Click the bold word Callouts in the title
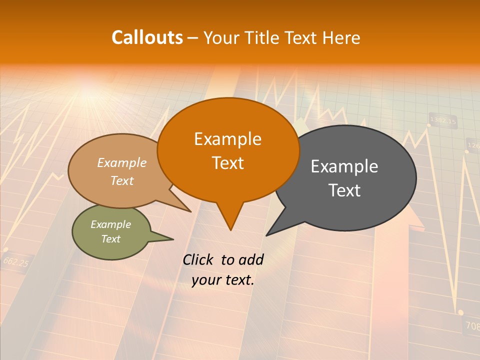click(147, 37)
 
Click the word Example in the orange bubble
click(227, 139)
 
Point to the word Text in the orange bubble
click(227, 163)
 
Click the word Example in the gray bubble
click(344, 166)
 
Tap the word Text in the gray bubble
click(344, 190)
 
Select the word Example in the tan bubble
click(122, 163)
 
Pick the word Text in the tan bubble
click(122, 180)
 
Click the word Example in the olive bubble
click(110, 224)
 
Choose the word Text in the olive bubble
click(110, 239)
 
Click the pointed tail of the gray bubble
click(267, 234)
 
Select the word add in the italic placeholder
click(251, 260)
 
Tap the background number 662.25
click(15, 261)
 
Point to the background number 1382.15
click(443, 121)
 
